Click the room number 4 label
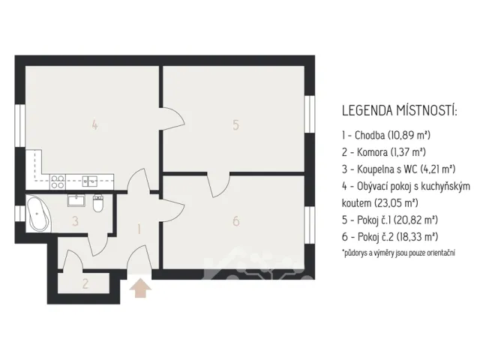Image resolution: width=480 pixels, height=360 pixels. click(x=94, y=124)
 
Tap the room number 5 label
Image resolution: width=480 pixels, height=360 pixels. click(x=235, y=124)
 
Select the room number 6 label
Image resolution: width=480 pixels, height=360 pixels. click(x=235, y=220)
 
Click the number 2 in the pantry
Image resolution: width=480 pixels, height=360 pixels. click(x=85, y=283)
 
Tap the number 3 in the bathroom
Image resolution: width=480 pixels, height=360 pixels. click(x=75, y=221)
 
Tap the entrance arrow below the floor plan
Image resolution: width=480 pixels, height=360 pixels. click(x=140, y=289)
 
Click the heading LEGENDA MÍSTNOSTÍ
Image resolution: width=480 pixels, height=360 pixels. click(x=399, y=110)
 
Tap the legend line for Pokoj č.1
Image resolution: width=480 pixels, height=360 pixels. click(x=390, y=220)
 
